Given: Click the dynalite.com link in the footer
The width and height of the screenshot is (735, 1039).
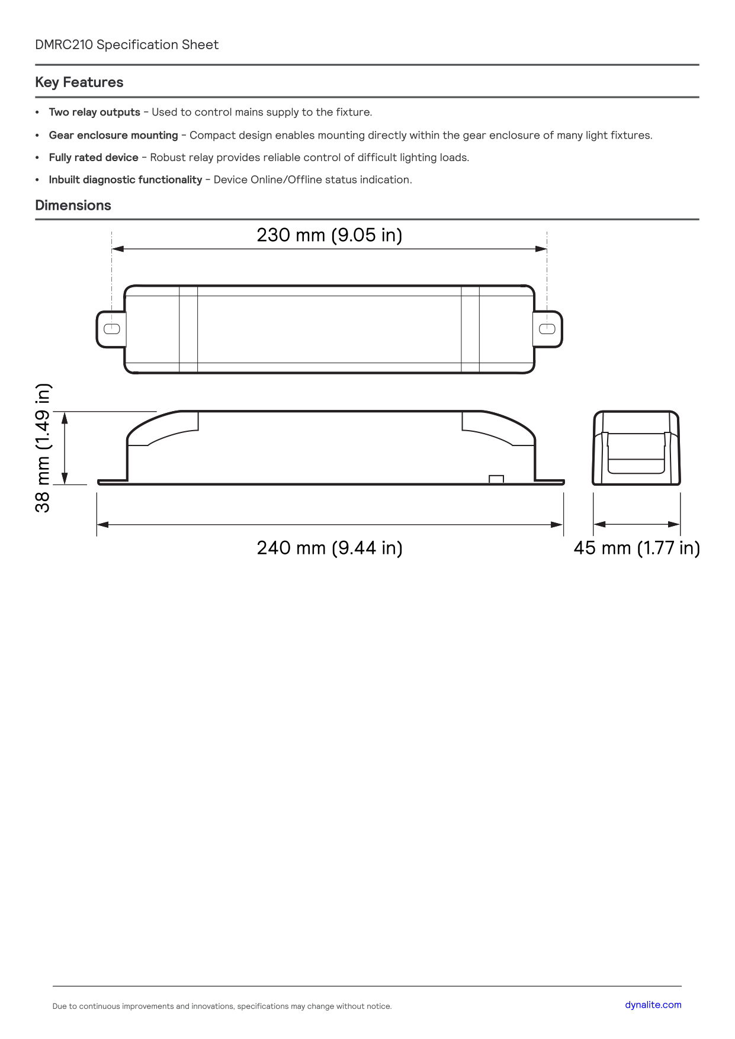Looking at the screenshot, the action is pyautogui.click(x=653, y=1005).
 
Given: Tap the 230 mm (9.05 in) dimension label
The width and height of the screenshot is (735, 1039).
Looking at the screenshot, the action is pyautogui.click(x=329, y=235).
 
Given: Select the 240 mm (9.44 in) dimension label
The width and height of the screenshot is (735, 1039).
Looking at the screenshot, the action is pyautogui.click(x=329, y=548).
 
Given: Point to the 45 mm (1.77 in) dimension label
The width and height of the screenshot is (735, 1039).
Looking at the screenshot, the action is pyautogui.click(x=637, y=548).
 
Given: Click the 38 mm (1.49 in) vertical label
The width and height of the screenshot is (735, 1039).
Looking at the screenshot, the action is pyautogui.click(x=43, y=448).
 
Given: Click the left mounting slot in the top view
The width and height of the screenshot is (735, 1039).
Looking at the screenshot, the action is pyautogui.click(x=112, y=329).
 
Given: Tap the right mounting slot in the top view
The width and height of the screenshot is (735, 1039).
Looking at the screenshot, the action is pyautogui.click(x=547, y=329).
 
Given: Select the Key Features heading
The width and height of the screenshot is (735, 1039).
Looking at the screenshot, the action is pyautogui.click(x=79, y=82).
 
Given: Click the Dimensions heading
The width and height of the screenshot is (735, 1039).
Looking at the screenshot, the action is pyautogui.click(x=73, y=206).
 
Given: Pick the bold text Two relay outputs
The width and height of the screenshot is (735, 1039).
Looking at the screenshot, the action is pyautogui.click(x=95, y=113).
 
